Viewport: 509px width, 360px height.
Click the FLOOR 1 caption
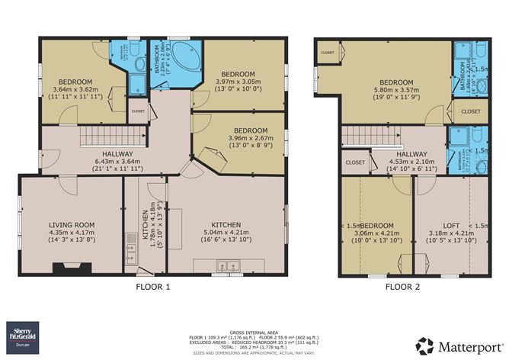(152, 287)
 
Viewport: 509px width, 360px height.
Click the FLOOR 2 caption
(403, 287)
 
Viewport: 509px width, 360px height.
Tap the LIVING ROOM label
(72, 224)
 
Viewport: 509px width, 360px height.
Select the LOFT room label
(450, 225)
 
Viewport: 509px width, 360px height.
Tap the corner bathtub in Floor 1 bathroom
(181, 57)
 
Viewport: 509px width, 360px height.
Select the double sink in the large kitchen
(226, 267)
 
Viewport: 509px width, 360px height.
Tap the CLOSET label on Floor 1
(138, 111)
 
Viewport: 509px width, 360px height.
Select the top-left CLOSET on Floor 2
(328, 53)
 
